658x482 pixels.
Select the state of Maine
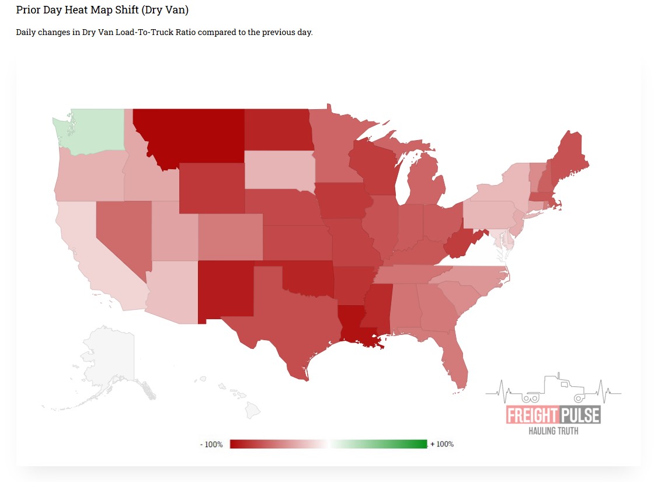pos(569,155)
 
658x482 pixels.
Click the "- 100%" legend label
pos(211,445)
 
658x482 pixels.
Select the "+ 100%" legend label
pos(442,444)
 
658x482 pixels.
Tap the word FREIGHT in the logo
pos(531,415)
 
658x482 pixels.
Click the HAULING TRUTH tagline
pos(553,431)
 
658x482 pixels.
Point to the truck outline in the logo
pos(555,390)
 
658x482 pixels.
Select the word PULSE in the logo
pos(579,415)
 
